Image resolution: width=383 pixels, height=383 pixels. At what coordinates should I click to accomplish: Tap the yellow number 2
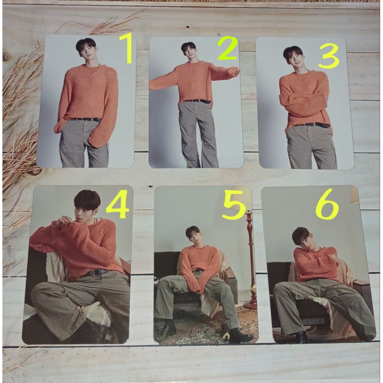227,49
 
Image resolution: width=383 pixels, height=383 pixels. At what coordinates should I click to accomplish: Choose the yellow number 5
235,207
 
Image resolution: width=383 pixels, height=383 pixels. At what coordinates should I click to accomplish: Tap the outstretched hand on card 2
233,72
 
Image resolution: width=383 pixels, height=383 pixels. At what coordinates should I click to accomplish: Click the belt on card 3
312,125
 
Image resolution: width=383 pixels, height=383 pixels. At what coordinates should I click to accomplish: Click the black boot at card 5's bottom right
239,336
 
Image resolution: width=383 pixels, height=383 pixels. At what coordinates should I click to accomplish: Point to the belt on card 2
197,101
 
